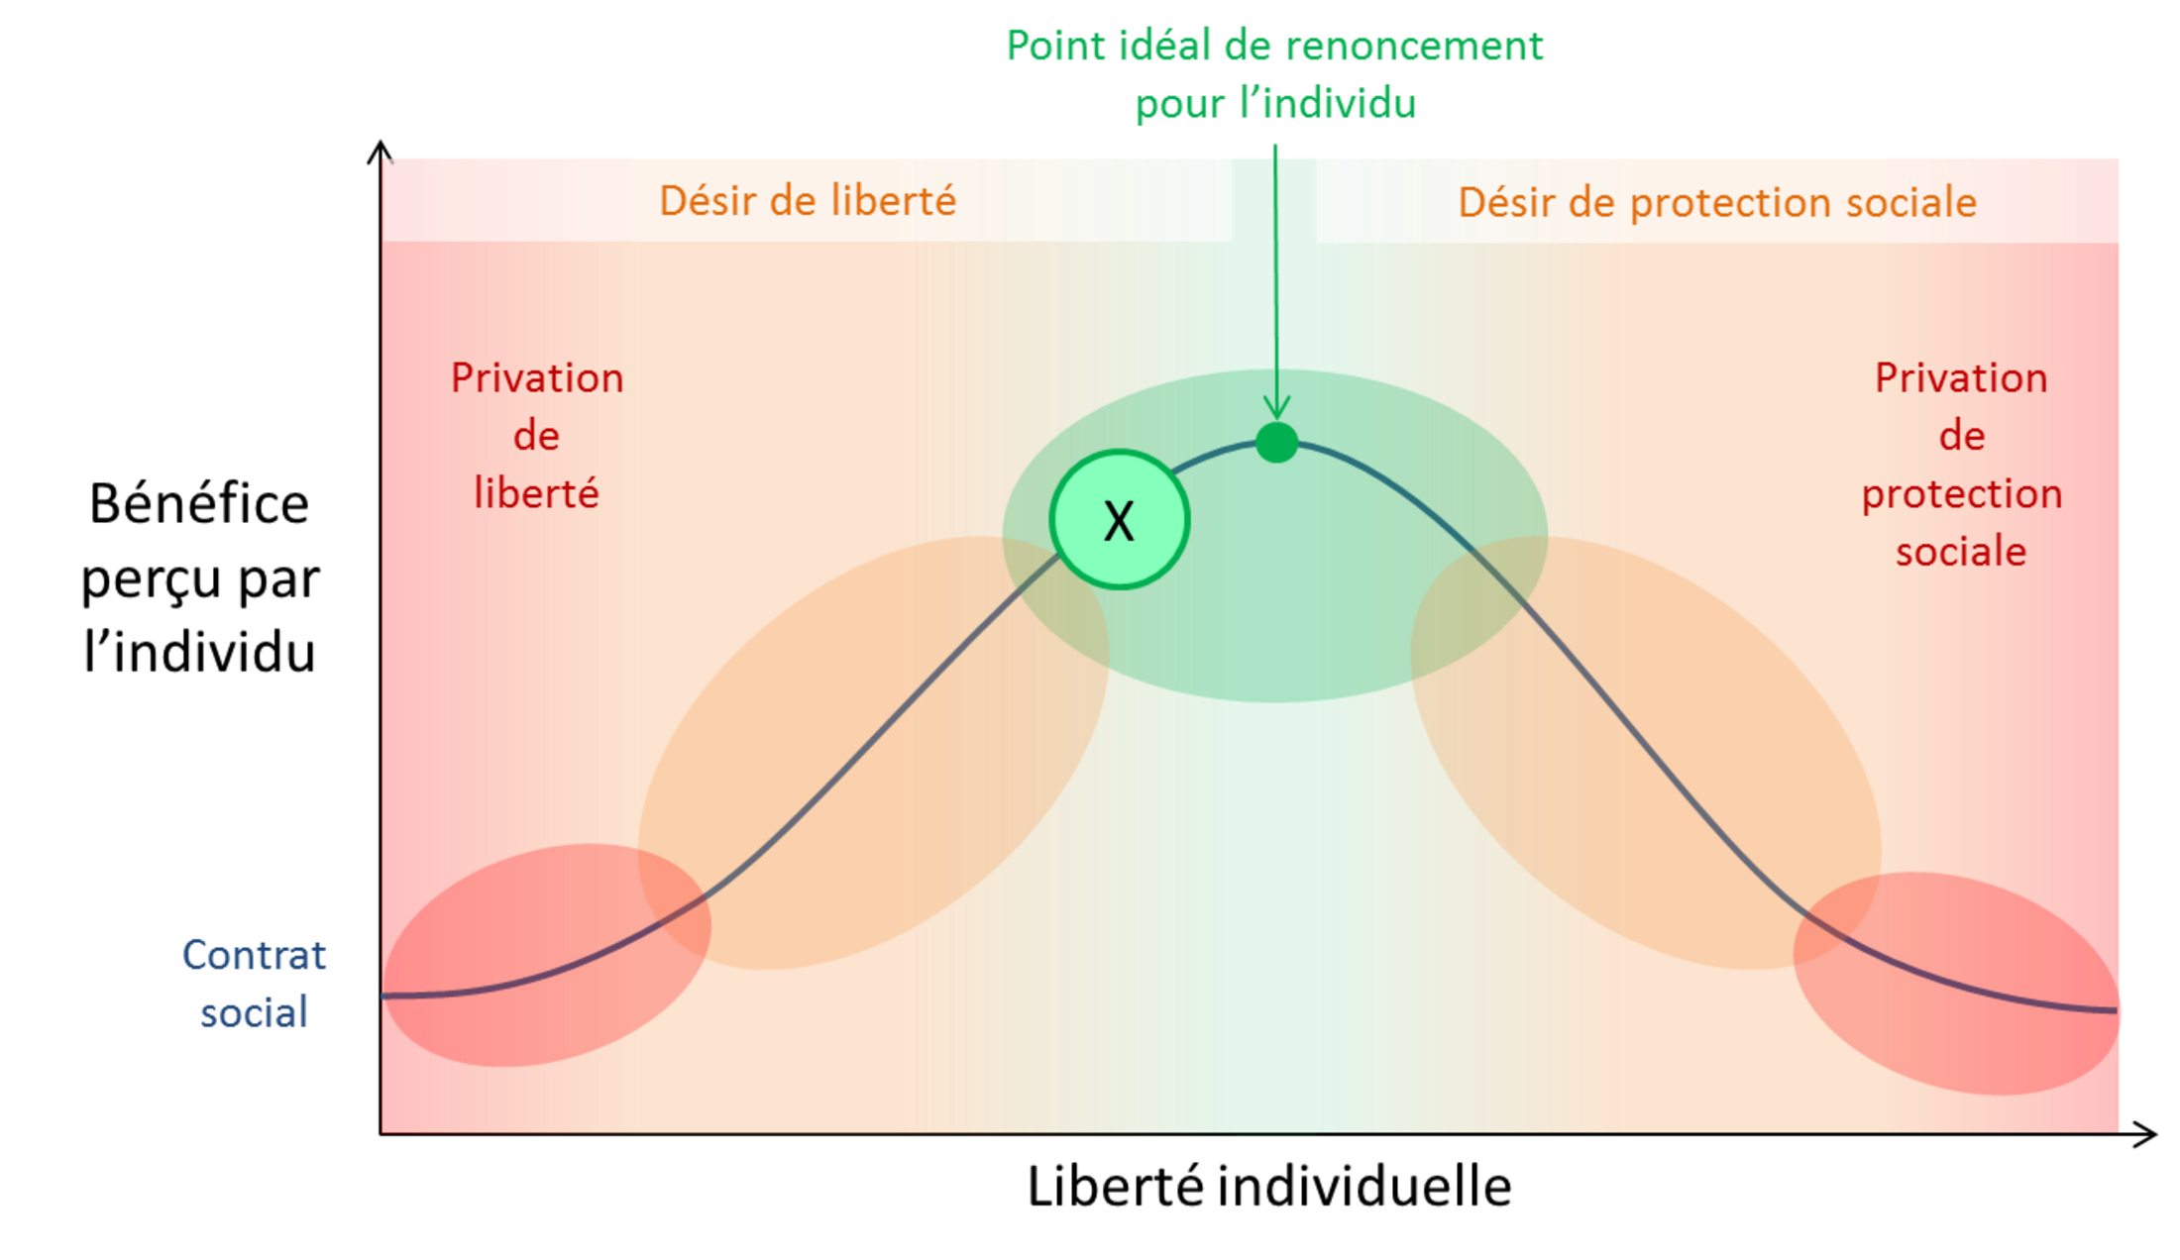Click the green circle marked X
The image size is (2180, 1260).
(x=1120, y=520)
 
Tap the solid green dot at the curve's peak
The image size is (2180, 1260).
(x=1276, y=442)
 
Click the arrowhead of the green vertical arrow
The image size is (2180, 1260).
(x=1276, y=406)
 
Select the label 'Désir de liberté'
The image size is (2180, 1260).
(x=808, y=201)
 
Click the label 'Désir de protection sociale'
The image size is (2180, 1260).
(x=1717, y=202)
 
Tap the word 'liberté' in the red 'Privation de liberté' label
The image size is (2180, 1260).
(x=536, y=493)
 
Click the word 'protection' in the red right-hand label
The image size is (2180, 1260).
(x=1962, y=494)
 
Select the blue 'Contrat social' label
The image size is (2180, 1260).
(x=254, y=984)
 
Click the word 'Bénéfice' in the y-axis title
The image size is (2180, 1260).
(x=199, y=503)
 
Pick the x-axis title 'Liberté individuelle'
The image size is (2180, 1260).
(x=1269, y=1186)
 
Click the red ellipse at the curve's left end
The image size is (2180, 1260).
(x=546, y=955)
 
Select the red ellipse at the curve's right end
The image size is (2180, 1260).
(x=1956, y=984)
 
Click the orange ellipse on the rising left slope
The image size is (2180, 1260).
(x=873, y=753)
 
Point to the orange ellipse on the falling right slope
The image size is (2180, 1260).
(x=1646, y=753)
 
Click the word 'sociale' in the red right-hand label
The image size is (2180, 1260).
(x=1961, y=552)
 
